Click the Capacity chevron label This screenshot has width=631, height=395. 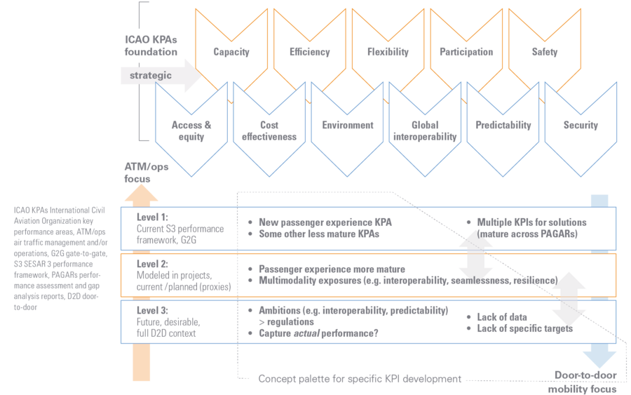231,52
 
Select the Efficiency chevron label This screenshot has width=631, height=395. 309,52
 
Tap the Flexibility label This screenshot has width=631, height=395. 388,52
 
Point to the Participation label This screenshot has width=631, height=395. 466,52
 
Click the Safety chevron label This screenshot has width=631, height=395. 545,52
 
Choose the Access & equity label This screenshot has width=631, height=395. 191,131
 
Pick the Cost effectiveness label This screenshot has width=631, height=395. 269,131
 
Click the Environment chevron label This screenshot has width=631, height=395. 348,125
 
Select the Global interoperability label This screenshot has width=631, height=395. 425,131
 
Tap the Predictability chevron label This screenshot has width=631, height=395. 503,125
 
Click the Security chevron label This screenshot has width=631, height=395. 581,125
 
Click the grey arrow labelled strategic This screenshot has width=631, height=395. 161,75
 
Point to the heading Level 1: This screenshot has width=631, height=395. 152,217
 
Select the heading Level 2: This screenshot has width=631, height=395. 152,264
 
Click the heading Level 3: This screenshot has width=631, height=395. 152,310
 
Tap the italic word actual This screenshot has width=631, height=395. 306,333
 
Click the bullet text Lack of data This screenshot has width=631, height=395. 502,317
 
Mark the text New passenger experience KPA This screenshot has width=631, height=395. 325,222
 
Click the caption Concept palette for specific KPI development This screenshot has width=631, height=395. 360,379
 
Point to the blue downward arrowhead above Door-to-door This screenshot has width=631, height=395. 599,359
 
